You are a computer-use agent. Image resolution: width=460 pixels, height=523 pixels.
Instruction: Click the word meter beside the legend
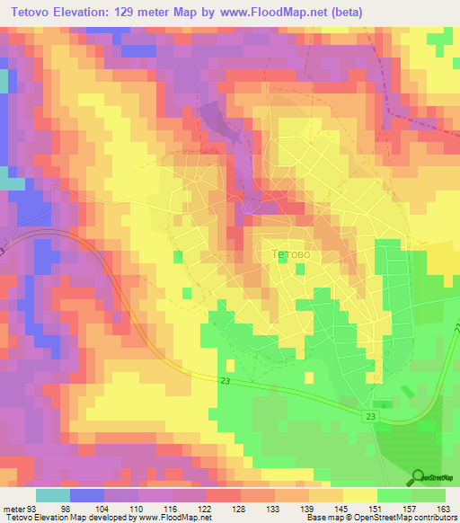(14, 508)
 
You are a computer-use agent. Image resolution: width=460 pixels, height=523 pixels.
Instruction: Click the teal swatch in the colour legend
(53, 494)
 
